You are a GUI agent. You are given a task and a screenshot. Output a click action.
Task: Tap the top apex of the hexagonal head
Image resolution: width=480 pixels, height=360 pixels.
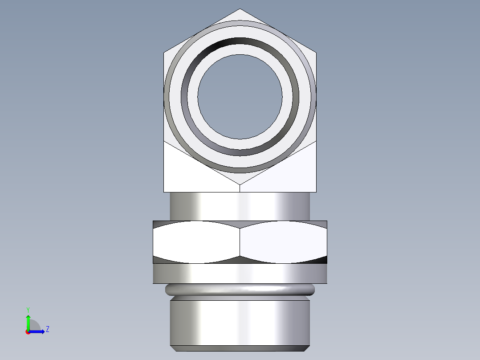tap(240, 9)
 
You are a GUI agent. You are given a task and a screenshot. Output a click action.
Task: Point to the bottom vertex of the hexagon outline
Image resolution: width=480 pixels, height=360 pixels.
tap(240, 184)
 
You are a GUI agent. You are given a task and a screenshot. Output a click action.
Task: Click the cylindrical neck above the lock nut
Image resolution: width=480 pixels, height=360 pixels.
tap(240, 206)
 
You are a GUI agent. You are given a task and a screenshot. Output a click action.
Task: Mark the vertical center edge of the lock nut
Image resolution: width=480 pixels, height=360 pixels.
tap(240, 243)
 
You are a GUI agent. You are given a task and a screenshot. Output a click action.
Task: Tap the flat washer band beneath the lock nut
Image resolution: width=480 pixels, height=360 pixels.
tap(240, 274)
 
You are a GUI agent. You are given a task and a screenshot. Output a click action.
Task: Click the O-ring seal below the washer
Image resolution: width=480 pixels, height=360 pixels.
tap(240, 290)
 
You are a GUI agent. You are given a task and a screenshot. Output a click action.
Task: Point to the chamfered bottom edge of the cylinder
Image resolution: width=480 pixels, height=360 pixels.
tap(240, 348)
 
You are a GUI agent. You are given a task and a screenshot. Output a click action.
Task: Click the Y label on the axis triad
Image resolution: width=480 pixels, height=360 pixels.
tap(28, 309)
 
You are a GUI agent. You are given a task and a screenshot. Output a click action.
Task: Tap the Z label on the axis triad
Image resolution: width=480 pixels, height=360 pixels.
tap(47, 329)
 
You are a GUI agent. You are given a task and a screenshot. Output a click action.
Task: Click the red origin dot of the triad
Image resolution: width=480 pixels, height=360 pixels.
tap(28, 332)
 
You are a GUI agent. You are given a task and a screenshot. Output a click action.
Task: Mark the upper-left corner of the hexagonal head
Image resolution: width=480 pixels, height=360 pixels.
tap(164, 53)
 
